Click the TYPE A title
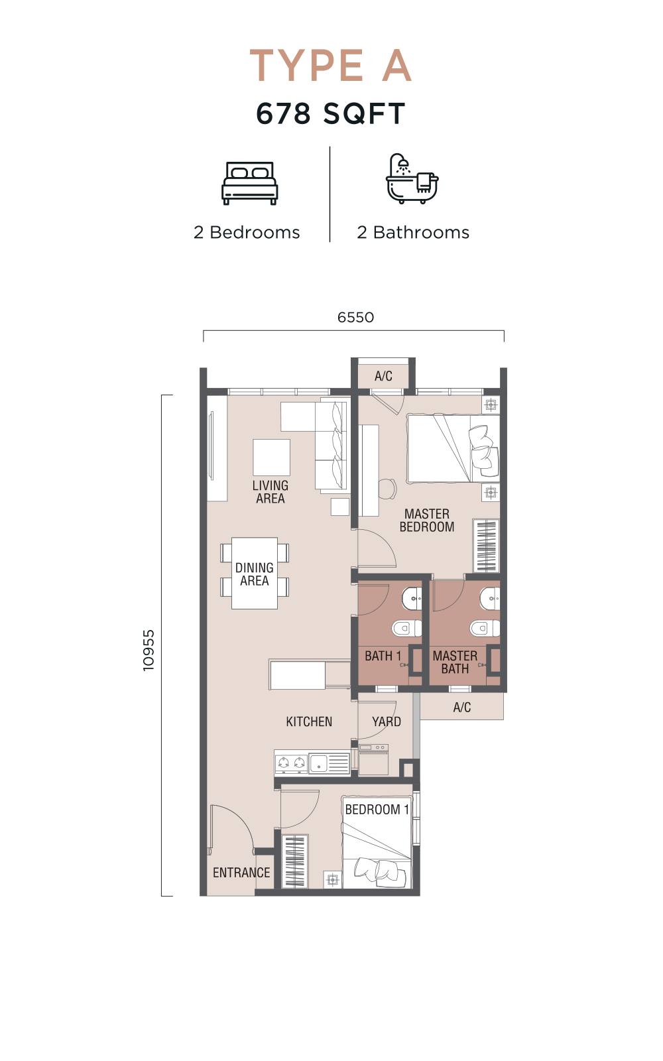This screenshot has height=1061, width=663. [x=331, y=66]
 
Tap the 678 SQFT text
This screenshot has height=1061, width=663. [x=331, y=113]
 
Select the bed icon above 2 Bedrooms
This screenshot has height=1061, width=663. [x=249, y=183]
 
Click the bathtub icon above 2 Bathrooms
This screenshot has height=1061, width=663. [x=412, y=178]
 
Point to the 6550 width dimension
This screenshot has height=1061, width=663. [x=355, y=318]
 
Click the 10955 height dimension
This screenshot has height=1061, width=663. [x=149, y=650]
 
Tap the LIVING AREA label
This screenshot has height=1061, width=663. [x=271, y=491]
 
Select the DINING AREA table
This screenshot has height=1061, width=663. [x=255, y=574]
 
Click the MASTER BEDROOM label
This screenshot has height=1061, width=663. [x=427, y=520]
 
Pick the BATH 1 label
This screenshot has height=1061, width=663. [x=383, y=656]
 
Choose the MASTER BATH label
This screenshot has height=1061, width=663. [x=455, y=662]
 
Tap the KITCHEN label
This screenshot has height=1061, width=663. [x=309, y=721]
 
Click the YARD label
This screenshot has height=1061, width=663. [x=387, y=721]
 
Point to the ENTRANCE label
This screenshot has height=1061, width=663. [x=241, y=873]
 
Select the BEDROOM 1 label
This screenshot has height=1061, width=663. [x=377, y=810]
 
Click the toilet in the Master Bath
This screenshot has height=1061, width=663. [x=485, y=629]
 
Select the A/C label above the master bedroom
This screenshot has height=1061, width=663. [x=383, y=376]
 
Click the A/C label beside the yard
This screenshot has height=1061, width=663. [x=461, y=707]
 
